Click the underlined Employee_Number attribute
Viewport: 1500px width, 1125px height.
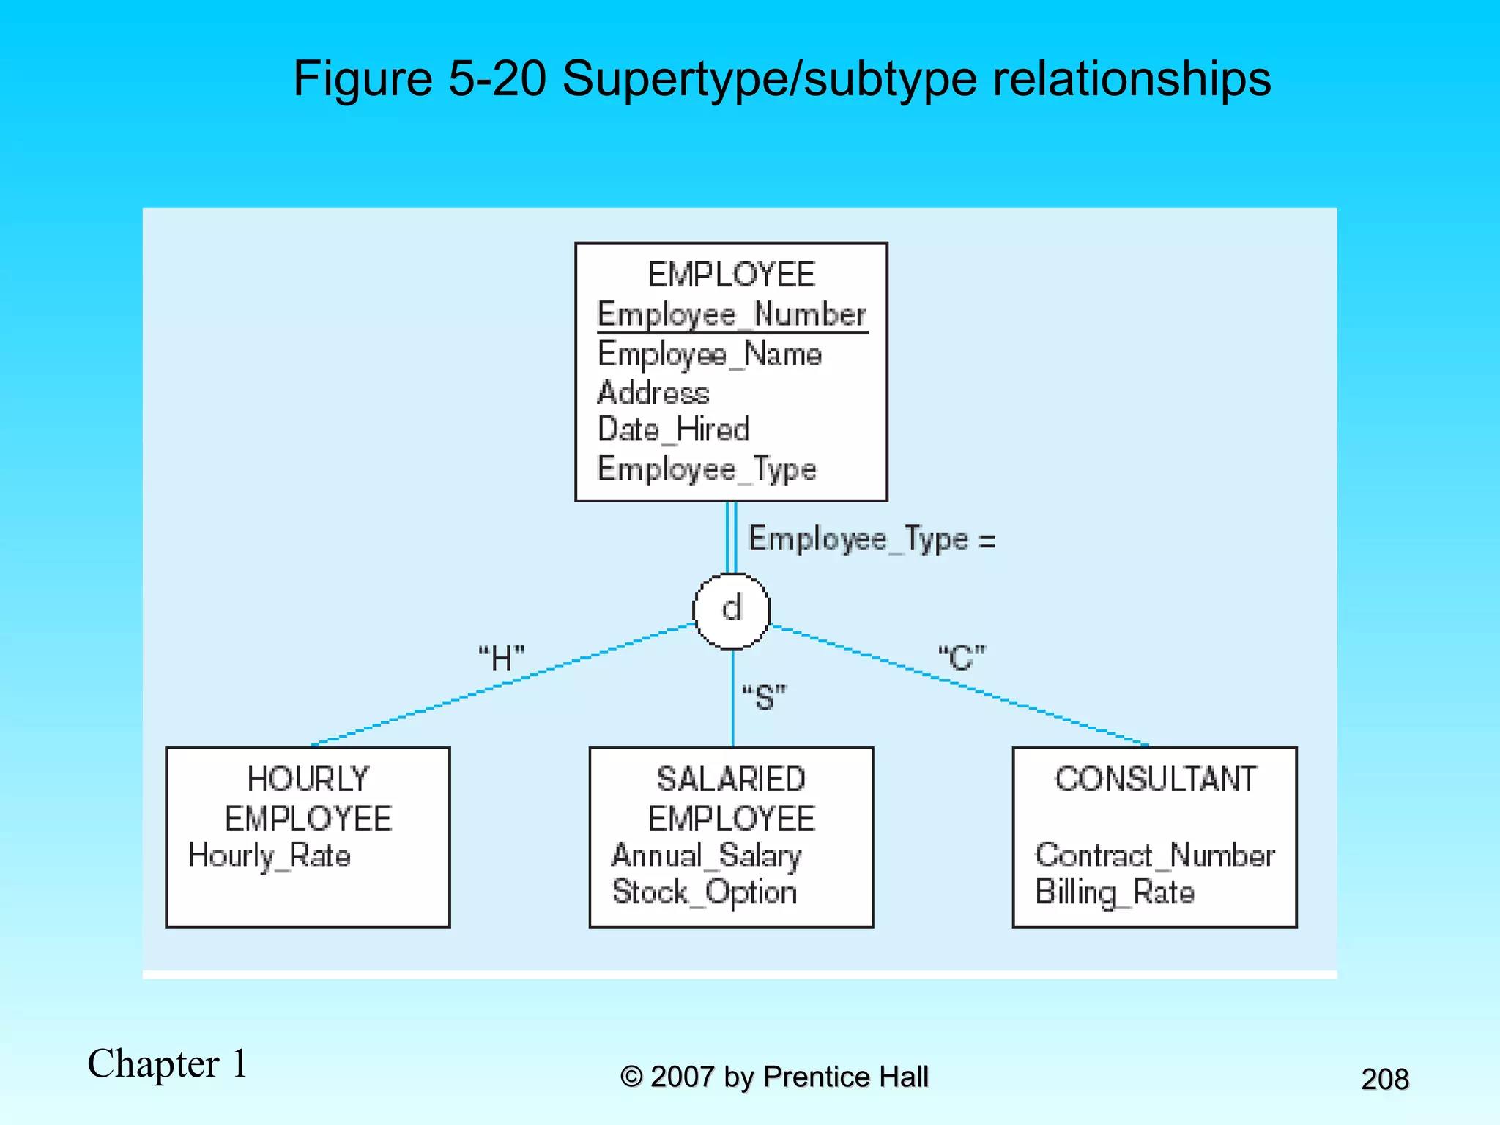tap(732, 315)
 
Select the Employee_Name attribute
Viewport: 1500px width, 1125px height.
tap(710, 354)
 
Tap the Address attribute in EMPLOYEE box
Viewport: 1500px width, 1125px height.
tap(653, 393)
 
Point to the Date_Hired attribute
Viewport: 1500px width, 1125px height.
tap(673, 430)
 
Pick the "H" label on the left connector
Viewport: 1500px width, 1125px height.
tap(502, 658)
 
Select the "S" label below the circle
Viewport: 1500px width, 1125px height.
tap(764, 697)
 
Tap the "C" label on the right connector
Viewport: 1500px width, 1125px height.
tap(962, 658)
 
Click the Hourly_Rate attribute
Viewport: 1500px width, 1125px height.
tap(270, 855)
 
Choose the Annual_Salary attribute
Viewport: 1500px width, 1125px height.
tap(707, 855)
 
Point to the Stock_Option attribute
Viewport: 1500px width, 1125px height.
tap(705, 893)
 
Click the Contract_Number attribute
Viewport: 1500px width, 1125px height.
tap(1155, 855)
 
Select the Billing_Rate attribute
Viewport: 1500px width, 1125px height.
tap(1115, 893)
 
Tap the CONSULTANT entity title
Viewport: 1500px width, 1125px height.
tap(1156, 779)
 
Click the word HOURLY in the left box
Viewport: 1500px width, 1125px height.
tap(308, 779)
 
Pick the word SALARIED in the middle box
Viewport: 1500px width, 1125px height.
tap(732, 779)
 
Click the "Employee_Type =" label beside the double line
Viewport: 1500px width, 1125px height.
tap(872, 540)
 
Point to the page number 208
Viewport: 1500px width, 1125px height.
tap(1385, 1079)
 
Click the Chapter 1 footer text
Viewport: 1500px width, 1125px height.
tap(168, 1063)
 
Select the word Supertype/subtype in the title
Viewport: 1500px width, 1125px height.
tap(770, 78)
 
